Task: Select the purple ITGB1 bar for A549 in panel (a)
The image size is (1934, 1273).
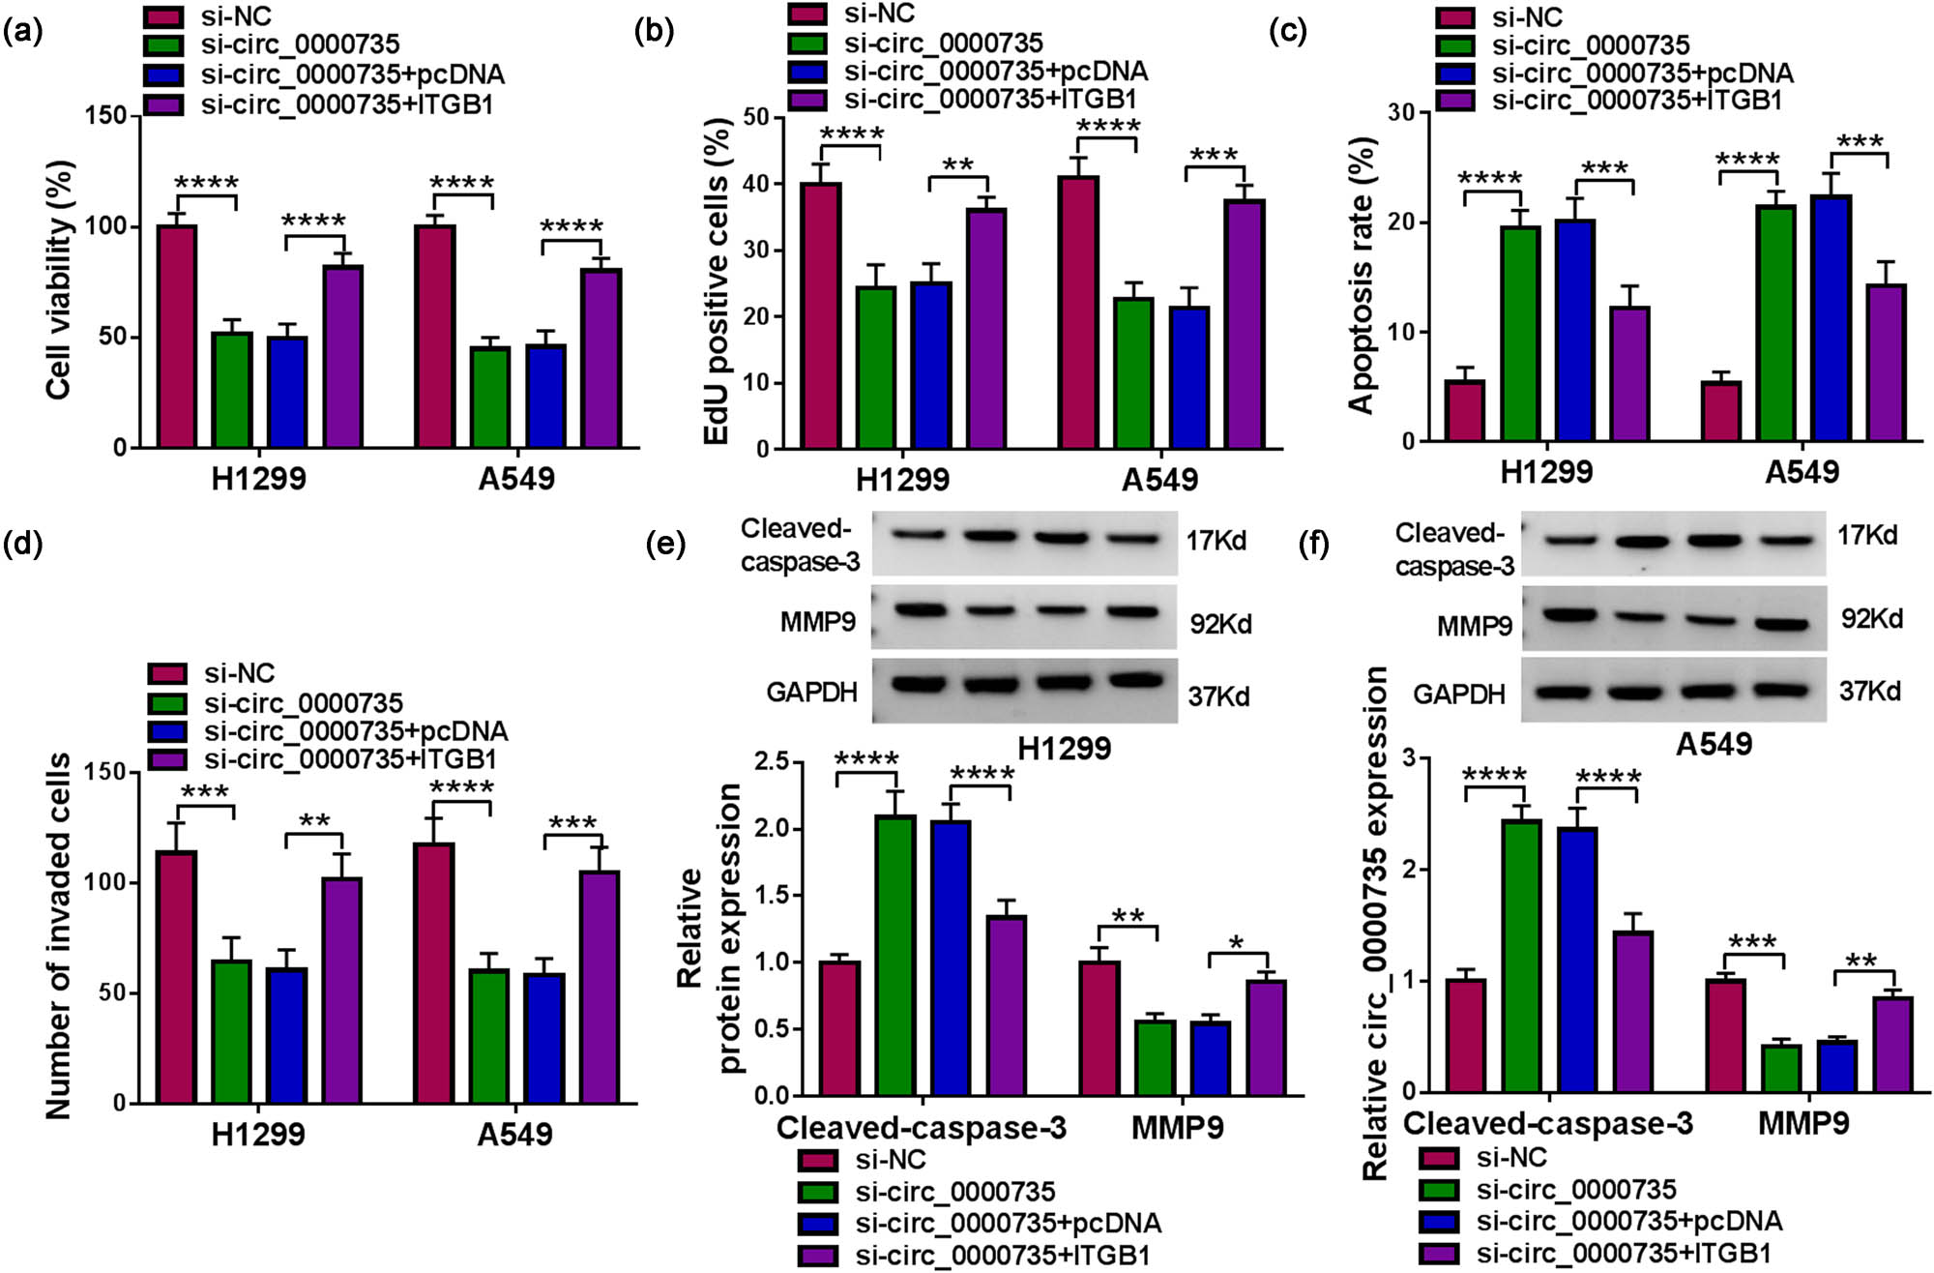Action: click(601, 358)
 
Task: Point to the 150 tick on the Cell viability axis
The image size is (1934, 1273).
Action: click(105, 115)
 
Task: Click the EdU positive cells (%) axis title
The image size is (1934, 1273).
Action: click(717, 281)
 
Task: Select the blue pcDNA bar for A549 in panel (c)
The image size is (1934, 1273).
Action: click(1831, 318)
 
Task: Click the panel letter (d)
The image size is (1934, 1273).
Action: click(22, 544)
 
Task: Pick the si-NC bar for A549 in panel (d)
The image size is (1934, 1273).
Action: click(434, 972)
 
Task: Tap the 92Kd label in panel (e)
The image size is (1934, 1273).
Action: click(1220, 624)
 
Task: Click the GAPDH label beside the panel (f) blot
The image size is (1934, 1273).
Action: click(1459, 694)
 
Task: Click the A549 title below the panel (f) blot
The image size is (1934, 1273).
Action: click(1714, 744)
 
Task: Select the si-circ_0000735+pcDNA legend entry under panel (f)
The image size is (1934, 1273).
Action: click(1629, 1221)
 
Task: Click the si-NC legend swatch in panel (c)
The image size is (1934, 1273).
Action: click(1455, 17)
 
